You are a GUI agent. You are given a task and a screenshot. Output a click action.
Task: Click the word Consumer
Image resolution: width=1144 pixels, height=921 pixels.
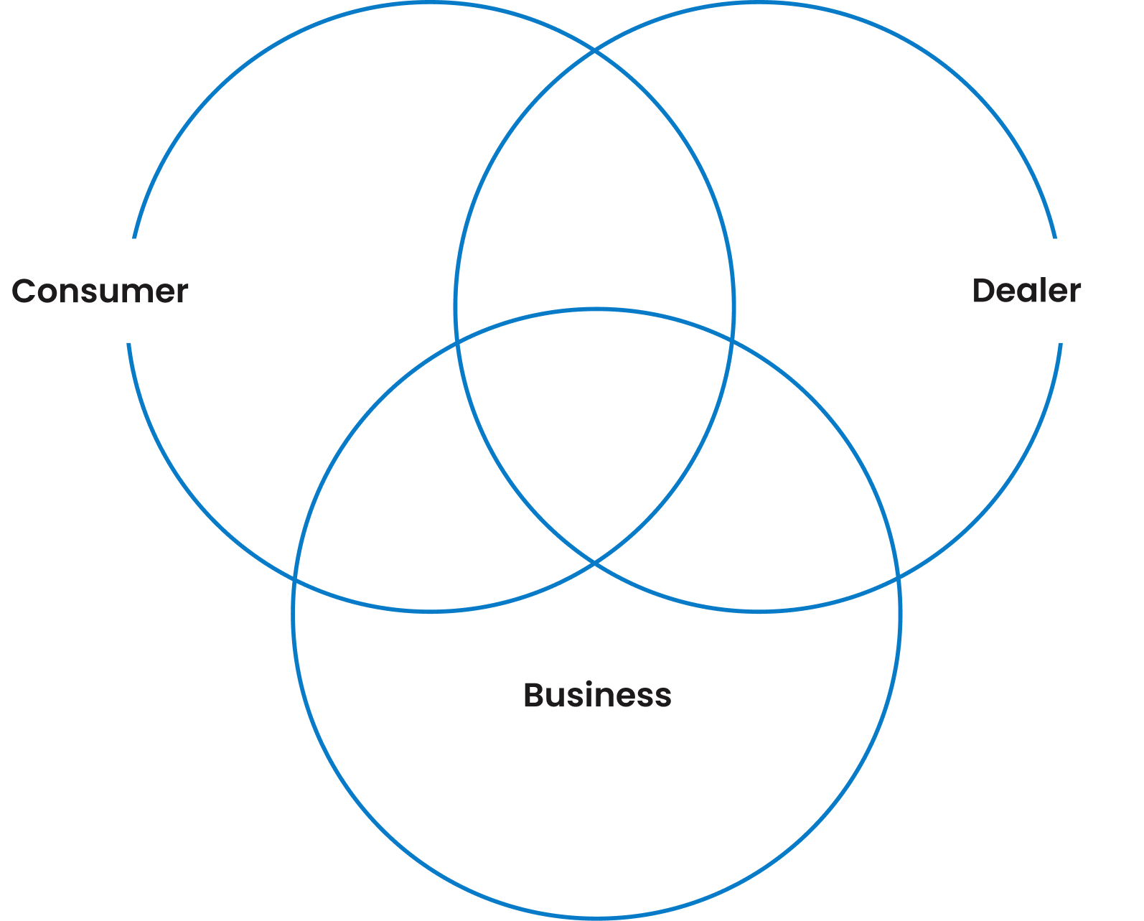100,291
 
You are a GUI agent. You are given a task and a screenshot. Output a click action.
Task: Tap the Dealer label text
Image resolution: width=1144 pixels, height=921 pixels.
1026,291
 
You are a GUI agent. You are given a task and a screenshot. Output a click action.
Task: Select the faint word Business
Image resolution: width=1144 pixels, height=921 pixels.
597,695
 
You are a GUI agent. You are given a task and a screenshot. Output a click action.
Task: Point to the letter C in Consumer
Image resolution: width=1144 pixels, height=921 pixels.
24,291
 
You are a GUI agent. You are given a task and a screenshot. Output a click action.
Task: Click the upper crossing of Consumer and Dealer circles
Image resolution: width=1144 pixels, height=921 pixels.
595,51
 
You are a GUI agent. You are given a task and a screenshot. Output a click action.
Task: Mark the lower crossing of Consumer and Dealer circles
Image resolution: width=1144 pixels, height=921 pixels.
595,563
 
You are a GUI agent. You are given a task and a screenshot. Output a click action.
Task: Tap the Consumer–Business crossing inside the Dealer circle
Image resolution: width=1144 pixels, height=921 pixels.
731,338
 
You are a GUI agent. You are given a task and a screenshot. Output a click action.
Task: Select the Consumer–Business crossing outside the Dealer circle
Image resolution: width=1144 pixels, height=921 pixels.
295,578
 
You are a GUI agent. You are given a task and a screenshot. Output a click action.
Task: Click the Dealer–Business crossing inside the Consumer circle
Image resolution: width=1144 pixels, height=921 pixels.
458,343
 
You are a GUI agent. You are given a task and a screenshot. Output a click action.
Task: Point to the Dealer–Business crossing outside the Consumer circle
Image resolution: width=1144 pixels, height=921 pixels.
897,576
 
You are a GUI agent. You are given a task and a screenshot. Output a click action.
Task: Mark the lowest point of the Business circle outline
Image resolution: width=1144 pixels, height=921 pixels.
596,917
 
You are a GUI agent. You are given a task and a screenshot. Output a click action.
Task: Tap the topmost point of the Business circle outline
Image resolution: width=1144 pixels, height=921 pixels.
596,309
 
